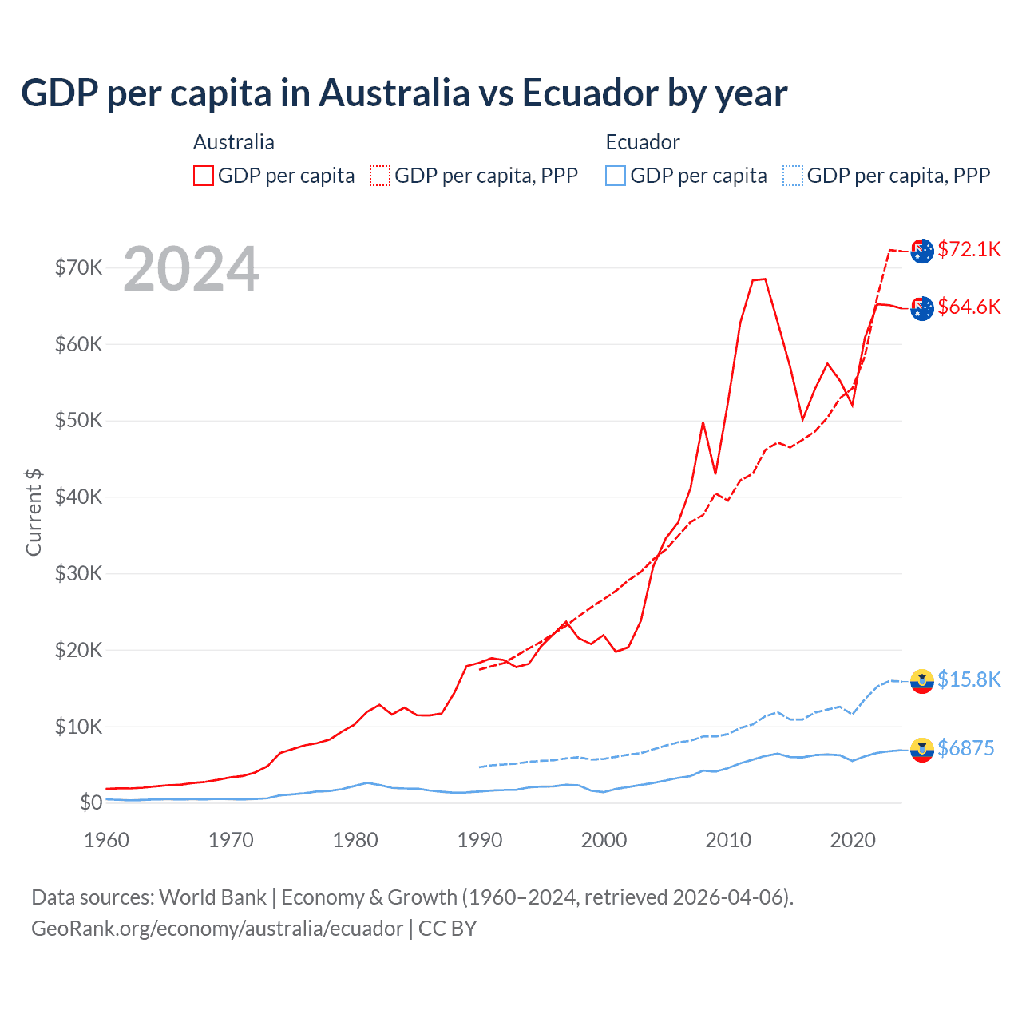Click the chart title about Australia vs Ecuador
[x=404, y=93]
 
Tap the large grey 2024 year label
[x=191, y=269]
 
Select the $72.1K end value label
[x=969, y=249]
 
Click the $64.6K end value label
[x=969, y=307]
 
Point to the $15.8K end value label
[x=969, y=679]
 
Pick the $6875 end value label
[x=965, y=748]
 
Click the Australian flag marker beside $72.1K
[x=922, y=251]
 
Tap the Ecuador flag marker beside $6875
[x=922, y=750]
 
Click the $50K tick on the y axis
[x=78, y=421]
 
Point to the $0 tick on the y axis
[x=91, y=802]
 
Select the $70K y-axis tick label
[x=78, y=267]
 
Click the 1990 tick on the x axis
[x=480, y=840]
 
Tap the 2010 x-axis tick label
[x=728, y=840]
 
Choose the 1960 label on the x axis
[x=106, y=840]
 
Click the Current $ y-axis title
[x=34, y=513]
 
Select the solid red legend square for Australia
[x=204, y=176]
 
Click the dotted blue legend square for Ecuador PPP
[x=793, y=176]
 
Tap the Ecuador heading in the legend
[x=642, y=142]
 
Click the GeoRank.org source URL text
[x=217, y=929]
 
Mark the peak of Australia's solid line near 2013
[x=764, y=279]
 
